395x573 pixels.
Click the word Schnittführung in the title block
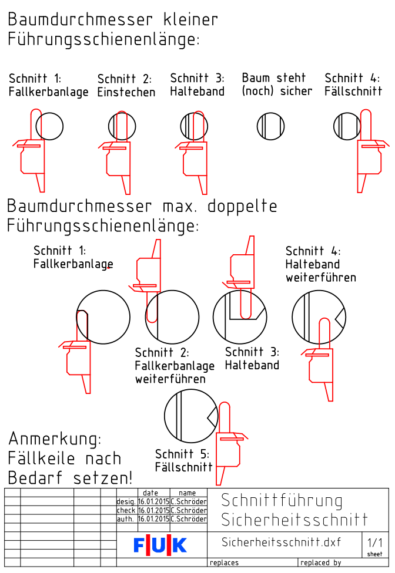282,501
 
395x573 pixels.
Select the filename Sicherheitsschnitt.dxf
282,541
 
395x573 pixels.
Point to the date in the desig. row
153,502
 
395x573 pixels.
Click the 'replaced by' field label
320,563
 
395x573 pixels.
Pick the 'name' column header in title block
188,493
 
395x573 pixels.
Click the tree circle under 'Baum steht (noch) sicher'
270,126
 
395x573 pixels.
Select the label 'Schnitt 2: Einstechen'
126,86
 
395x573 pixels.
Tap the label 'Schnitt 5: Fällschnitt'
183,461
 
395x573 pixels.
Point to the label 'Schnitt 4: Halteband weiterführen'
320,264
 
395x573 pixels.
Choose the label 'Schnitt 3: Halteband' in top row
197,85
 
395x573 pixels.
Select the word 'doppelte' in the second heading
241,207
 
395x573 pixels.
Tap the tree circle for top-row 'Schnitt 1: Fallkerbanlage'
49,126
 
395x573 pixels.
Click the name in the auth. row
188,519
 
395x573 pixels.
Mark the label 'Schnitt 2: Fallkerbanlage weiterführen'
175,366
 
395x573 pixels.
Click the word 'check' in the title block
126,511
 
